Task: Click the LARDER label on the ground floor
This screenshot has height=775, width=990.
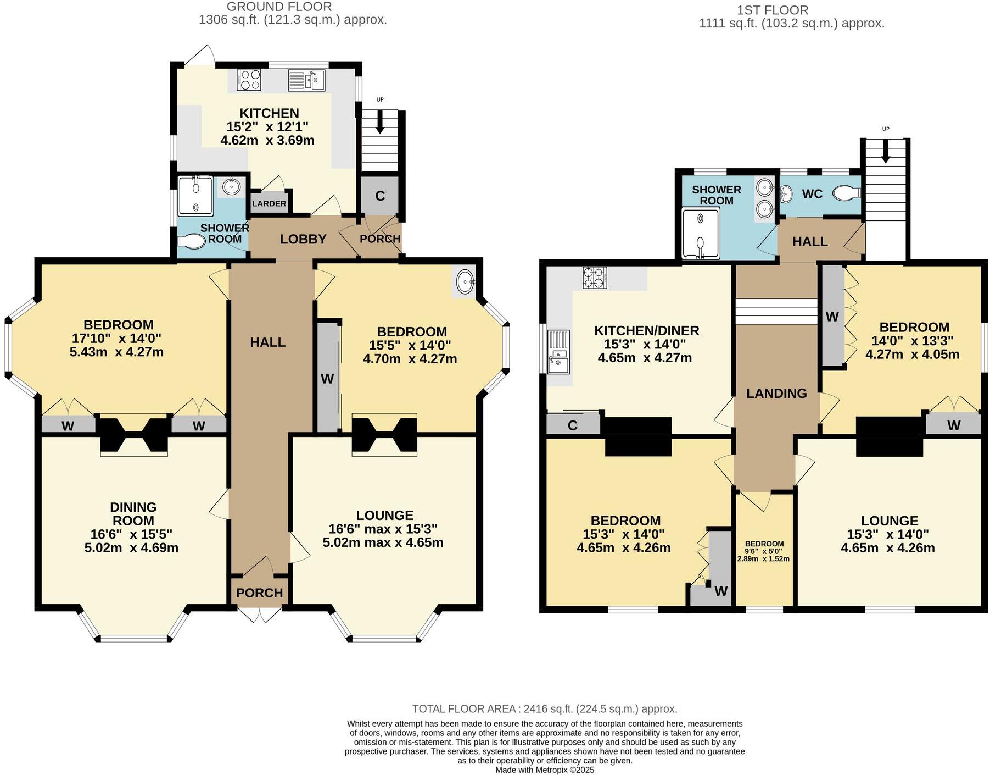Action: pos(269,203)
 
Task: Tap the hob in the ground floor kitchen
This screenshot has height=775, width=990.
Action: pos(249,80)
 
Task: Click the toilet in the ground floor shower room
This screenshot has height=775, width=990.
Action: pos(191,241)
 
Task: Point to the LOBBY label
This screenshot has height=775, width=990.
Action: pos(303,239)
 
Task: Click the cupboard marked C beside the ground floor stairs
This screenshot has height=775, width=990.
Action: pos(379,196)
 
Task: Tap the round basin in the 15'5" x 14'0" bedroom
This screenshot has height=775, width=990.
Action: pos(466,282)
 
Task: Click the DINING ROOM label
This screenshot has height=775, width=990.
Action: pos(133,513)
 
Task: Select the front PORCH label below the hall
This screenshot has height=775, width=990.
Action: pos(260,593)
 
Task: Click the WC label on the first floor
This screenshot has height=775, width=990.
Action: pos(812,194)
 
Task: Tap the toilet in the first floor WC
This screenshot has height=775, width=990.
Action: pos(846,193)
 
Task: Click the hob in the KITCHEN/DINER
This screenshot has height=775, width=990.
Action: pos(595,277)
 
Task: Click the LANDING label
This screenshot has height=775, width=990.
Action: pos(776,393)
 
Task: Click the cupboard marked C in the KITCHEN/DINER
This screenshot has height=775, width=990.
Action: pos(573,425)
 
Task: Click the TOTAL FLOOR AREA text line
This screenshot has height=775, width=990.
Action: pos(544,709)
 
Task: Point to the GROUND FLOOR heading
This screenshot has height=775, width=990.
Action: pos(279,7)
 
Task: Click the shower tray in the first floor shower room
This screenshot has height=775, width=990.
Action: pos(700,233)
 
